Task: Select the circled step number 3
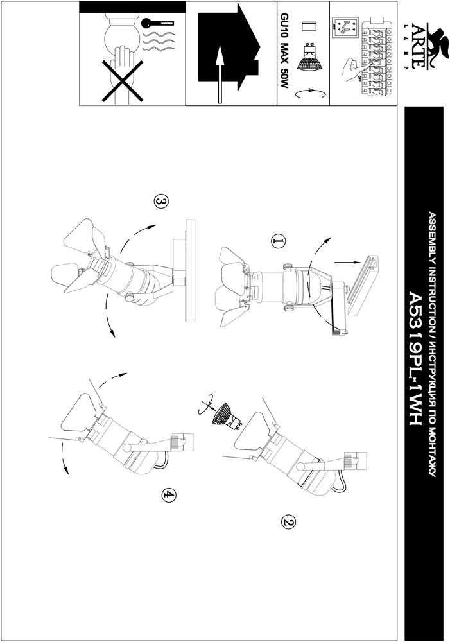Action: point(161,201)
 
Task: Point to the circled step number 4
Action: point(169,495)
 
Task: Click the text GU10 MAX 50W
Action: point(284,51)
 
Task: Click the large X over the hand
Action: point(122,81)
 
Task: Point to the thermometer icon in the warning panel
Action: point(158,24)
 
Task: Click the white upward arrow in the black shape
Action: point(220,74)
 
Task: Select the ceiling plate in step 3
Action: point(190,271)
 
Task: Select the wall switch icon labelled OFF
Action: point(344,27)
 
